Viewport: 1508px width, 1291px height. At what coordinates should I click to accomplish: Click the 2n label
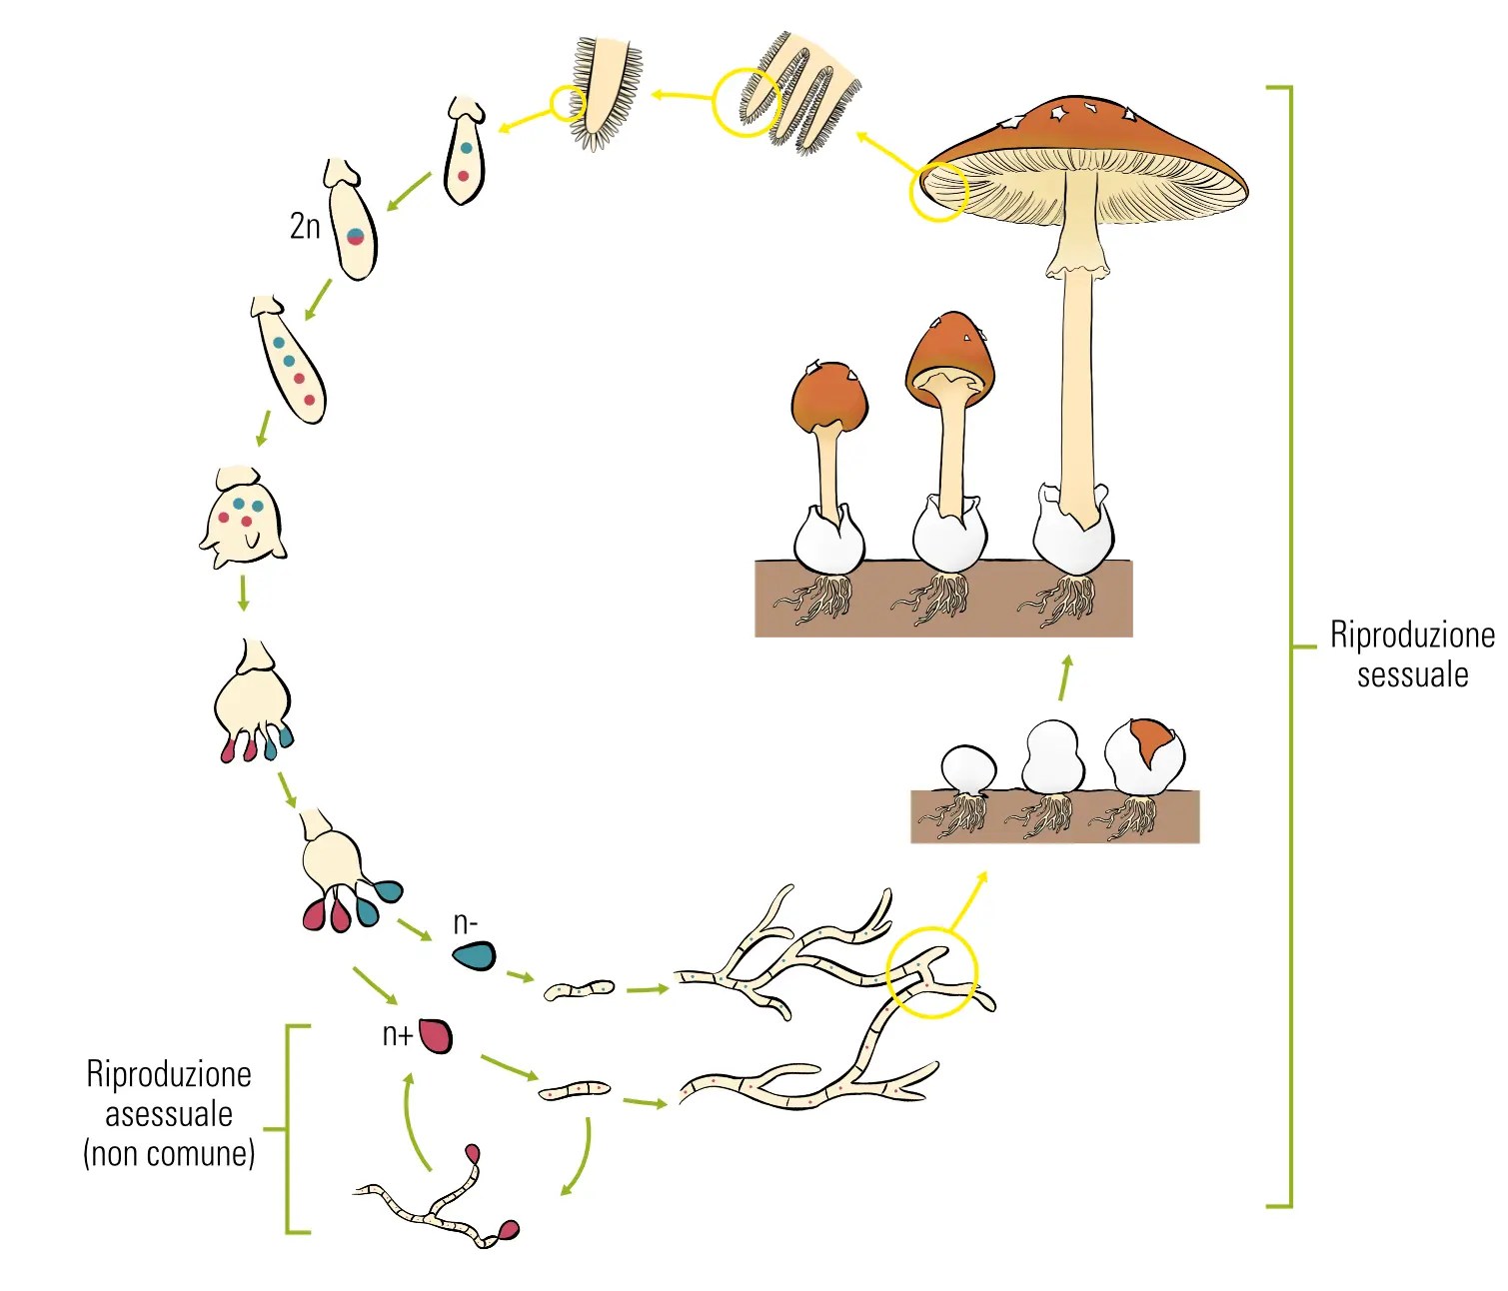[305, 226]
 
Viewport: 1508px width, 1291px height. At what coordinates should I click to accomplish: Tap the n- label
[465, 922]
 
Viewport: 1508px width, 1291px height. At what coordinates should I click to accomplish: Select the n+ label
[397, 1035]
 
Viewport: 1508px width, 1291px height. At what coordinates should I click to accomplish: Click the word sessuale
[1411, 674]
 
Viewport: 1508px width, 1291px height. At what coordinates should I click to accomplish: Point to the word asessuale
[169, 1113]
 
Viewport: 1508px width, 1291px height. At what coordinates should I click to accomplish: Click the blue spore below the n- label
[474, 956]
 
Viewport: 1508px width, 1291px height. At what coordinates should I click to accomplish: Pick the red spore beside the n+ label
[436, 1035]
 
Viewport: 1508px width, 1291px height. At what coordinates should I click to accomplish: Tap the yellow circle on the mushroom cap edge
[938, 191]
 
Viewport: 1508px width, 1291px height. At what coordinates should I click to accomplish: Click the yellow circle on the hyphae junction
[931, 971]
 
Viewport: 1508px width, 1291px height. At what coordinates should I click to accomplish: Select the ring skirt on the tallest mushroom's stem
[1077, 262]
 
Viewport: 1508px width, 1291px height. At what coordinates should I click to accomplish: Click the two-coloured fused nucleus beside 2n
[355, 237]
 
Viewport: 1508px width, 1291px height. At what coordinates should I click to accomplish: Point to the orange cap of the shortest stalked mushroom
[828, 397]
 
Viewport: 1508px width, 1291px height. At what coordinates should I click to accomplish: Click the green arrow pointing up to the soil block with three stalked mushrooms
[1065, 676]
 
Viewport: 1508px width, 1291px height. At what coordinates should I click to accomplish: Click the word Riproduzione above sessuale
[1411, 636]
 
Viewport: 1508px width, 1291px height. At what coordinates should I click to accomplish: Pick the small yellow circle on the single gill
[568, 102]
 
